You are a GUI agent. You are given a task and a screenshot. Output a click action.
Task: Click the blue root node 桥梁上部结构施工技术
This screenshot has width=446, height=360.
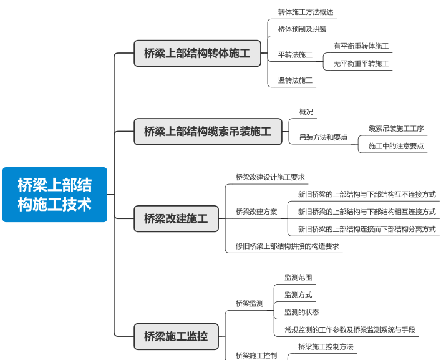click(55, 194)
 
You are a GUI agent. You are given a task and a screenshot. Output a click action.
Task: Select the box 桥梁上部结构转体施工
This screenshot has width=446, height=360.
click(196, 54)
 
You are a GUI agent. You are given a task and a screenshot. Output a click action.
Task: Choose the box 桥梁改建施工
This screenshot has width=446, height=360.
click(176, 219)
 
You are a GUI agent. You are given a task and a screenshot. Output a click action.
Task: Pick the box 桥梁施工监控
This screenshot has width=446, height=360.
click(176, 336)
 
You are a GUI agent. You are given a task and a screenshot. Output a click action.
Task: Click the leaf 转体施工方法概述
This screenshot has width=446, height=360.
click(306, 12)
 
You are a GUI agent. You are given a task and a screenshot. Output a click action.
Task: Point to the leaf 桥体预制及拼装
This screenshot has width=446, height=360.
click(302, 29)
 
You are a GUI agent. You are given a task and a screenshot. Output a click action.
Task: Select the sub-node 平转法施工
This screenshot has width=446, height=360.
click(295, 55)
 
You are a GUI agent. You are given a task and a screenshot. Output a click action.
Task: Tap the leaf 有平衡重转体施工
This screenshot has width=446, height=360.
click(361, 46)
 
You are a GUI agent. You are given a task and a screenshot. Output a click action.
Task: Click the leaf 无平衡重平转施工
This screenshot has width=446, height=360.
click(361, 64)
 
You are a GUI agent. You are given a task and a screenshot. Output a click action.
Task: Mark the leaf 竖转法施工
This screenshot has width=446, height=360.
click(295, 80)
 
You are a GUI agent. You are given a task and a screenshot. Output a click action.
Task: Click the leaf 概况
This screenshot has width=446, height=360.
click(306, 112)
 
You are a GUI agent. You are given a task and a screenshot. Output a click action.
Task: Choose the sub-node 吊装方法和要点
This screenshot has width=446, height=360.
click(323, 137)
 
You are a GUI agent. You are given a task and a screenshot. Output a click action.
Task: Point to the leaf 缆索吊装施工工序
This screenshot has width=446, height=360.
click(395, 129)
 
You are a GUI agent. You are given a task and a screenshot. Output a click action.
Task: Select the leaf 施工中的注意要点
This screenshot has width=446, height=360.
click(395, 146)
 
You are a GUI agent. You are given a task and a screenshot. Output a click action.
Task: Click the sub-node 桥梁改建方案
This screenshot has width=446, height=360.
click(256, 212)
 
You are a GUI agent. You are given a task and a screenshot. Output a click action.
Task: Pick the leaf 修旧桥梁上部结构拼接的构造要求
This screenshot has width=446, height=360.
click(287, 246)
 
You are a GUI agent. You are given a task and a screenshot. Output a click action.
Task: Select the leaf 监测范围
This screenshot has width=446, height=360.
click(298, 277)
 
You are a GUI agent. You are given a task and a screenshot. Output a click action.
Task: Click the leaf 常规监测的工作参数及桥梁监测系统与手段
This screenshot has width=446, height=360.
click(349, 329)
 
